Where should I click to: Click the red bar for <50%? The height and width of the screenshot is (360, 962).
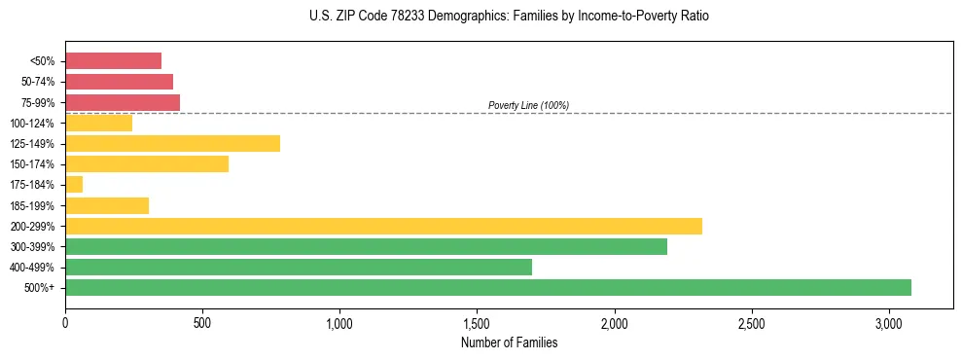click(x=113, y=61)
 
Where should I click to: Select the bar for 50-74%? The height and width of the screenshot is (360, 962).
click(x=119, y=82)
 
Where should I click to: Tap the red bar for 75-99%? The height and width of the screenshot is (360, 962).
click(x=123, y=102)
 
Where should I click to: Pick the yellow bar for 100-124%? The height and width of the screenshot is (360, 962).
click(x=98, y=123)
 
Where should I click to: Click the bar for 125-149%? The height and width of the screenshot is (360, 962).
click(x=172, y=144)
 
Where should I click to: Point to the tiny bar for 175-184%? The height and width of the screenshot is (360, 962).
click(x=74, y=185)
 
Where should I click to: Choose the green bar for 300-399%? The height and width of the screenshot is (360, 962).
click(x=366, y=246)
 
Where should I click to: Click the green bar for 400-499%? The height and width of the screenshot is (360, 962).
click(x=299, y=267)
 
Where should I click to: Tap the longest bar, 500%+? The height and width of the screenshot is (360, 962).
click(x=488, y=287)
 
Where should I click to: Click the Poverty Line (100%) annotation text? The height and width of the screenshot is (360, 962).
click(x=528, y=105)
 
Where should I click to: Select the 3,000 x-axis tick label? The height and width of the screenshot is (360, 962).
click(x=889, y=322)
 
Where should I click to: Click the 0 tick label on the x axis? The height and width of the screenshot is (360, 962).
click(x=65, y=322)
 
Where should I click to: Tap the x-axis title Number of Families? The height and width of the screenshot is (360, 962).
click(x=509, y=342)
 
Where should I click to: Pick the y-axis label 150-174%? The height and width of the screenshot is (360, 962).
click(x=32, y=164)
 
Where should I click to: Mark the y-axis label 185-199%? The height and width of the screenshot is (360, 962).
click(x=32, y=205)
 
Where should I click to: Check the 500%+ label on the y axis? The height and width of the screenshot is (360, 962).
click(x=39, y=288)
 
